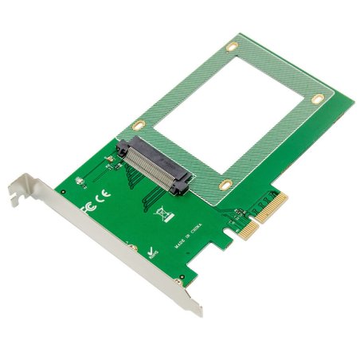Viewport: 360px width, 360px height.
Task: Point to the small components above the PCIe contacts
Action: point(239,211)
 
